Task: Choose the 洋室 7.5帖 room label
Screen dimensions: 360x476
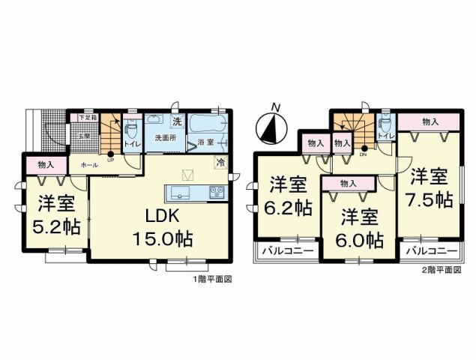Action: point(430,188)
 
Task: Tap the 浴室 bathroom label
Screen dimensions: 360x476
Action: point(205,141)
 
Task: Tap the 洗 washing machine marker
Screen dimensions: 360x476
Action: point(176,121)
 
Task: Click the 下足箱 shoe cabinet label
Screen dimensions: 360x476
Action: point(88,118)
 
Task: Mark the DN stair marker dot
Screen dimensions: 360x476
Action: point(365,148)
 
